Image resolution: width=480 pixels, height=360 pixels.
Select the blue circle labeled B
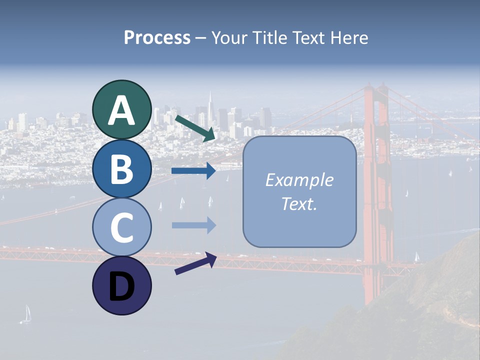[x=121, y=168]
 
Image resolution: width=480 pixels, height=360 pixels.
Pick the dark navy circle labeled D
[x=121, y=285]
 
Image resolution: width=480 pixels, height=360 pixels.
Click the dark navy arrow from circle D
[x=195, y=264]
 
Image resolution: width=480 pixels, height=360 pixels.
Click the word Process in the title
[x=157, y=38]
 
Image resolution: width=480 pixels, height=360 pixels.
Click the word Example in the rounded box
[x=299, y=180]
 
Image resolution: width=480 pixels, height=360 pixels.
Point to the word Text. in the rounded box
[x=299, y=204]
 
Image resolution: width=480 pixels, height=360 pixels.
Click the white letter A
[x=121, y=111]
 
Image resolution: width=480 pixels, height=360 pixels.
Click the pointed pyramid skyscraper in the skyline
[x=210, y=107]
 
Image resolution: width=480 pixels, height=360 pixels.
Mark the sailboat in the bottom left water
[x=27, y=314]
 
